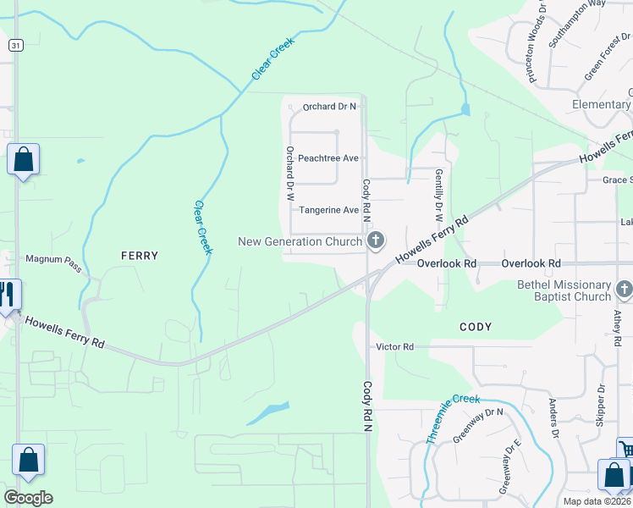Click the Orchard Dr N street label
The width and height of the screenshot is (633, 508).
click(330, 107)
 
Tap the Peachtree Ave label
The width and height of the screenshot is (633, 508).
click(328, 158)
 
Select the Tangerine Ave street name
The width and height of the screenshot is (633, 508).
click(329, 210)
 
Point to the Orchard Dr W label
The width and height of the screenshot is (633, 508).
click(289, 173)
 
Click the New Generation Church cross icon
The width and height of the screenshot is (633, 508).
click(376, 241)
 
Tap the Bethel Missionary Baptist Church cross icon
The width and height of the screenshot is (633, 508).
click(625, 290)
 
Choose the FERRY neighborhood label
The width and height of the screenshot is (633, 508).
click(140, 255)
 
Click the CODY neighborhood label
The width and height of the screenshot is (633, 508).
click(476, 327)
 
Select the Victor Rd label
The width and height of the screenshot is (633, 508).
click(395, 347)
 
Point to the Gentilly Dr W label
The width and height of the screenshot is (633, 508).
click(439, 190)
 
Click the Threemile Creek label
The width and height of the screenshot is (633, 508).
click(453, 420)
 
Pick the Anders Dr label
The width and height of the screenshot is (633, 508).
click(554, 418)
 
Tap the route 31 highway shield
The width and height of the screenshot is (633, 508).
click(16, 45)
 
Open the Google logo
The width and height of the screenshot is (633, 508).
click(28, 498)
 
